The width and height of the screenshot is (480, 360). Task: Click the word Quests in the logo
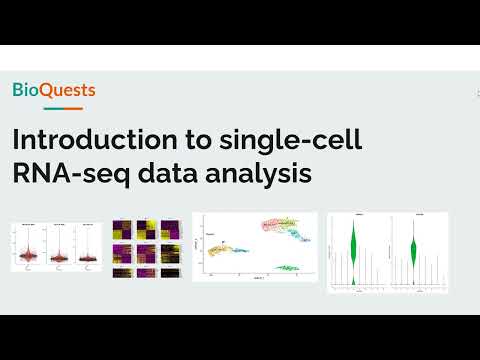(x=68, y=91)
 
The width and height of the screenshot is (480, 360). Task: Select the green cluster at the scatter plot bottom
(x=289, y=267)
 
